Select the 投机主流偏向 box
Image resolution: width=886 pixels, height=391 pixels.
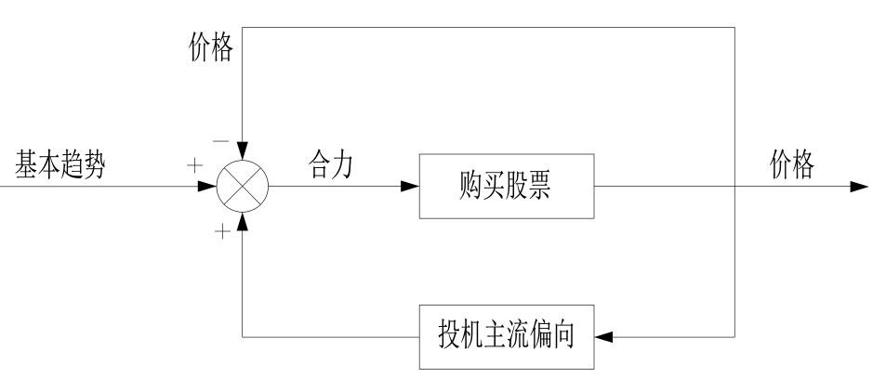pyautogui.click(x=507, y=335)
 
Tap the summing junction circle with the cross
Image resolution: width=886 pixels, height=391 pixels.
pyautogui.click(x=243, y=187)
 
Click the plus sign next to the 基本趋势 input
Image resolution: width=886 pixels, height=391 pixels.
pyautogui.click(x=194, y=167)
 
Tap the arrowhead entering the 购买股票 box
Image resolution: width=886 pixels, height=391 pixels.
pyautogui.click(x=408, y=187)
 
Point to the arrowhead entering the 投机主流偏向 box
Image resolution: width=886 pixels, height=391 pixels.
pyautogui.click(x=604, y=335)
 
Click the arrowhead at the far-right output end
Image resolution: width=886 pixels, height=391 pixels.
pyautogui.click(x=860, y=187)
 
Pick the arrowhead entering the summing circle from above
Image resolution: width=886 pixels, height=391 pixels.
pyautogui.click(x=243, y=151)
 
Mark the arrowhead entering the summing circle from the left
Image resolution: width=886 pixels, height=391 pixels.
pyautogui.click(x=207, y=187)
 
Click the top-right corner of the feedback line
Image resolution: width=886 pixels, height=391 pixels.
pyautogui.click(x=735, y=27)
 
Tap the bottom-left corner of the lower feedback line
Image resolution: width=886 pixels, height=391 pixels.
pyautogui.click(x=243, y=335)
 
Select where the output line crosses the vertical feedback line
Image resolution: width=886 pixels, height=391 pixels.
pyautogui.click(x=735, y=187)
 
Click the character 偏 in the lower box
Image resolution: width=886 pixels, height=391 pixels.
pyautogui.click(x=539, y=335)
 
